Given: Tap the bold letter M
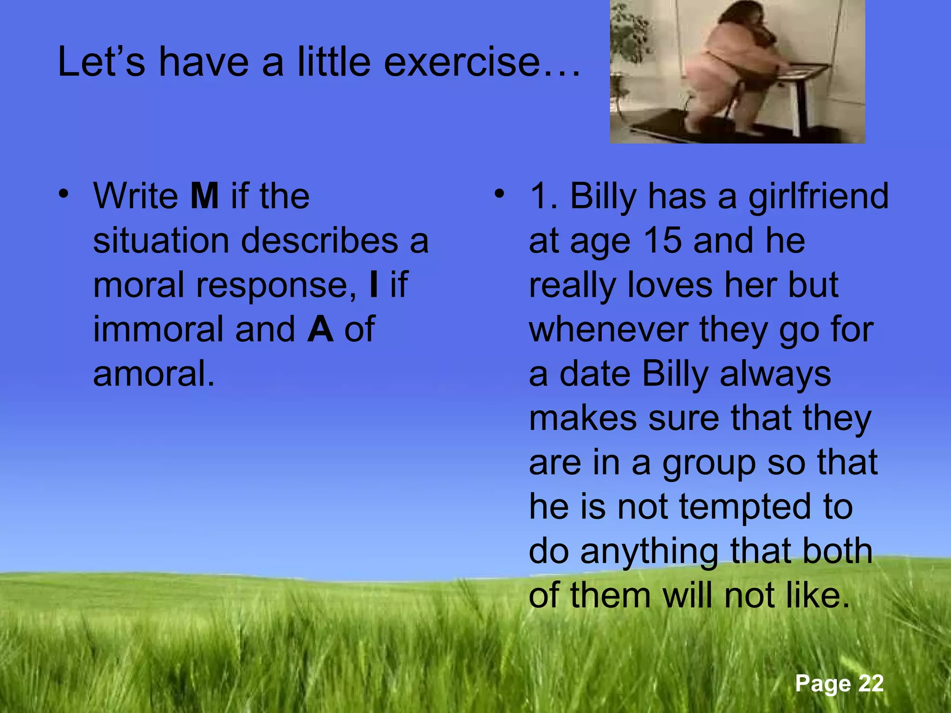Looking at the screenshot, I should pos(204,196).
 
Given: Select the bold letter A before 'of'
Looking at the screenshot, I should pos(320,330).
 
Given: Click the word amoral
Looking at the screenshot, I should pos(154,374).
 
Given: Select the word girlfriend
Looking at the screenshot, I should pos(818,196).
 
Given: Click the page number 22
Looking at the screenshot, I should pos(871,683).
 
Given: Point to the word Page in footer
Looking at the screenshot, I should pos(822,683).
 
